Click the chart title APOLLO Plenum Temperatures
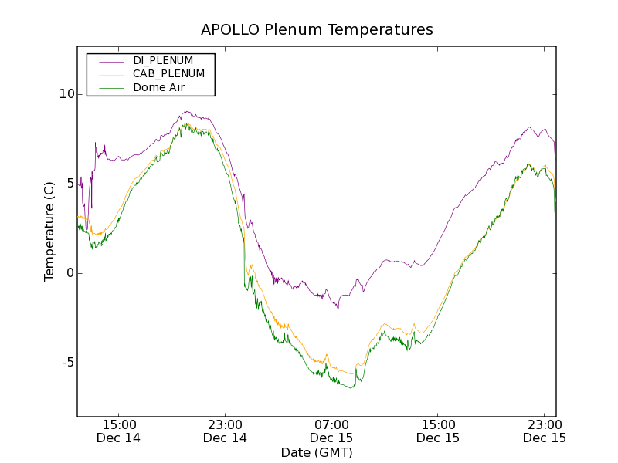(x=317, y=30)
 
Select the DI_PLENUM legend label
(x=163, y=60)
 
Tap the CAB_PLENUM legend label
(x=168, y=74)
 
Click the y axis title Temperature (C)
(x=49, y=231)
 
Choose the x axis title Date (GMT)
(x=317, y=452)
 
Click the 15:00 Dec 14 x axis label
(x=119, y=431)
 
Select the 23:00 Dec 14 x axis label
(x=226, y=431)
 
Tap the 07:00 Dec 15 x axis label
(x=331, y=431)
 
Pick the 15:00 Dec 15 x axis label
(x=438, y=431)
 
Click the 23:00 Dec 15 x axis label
(x=544, y=431)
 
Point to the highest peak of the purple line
(x=185, y=110)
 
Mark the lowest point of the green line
(x=352, y=387)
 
